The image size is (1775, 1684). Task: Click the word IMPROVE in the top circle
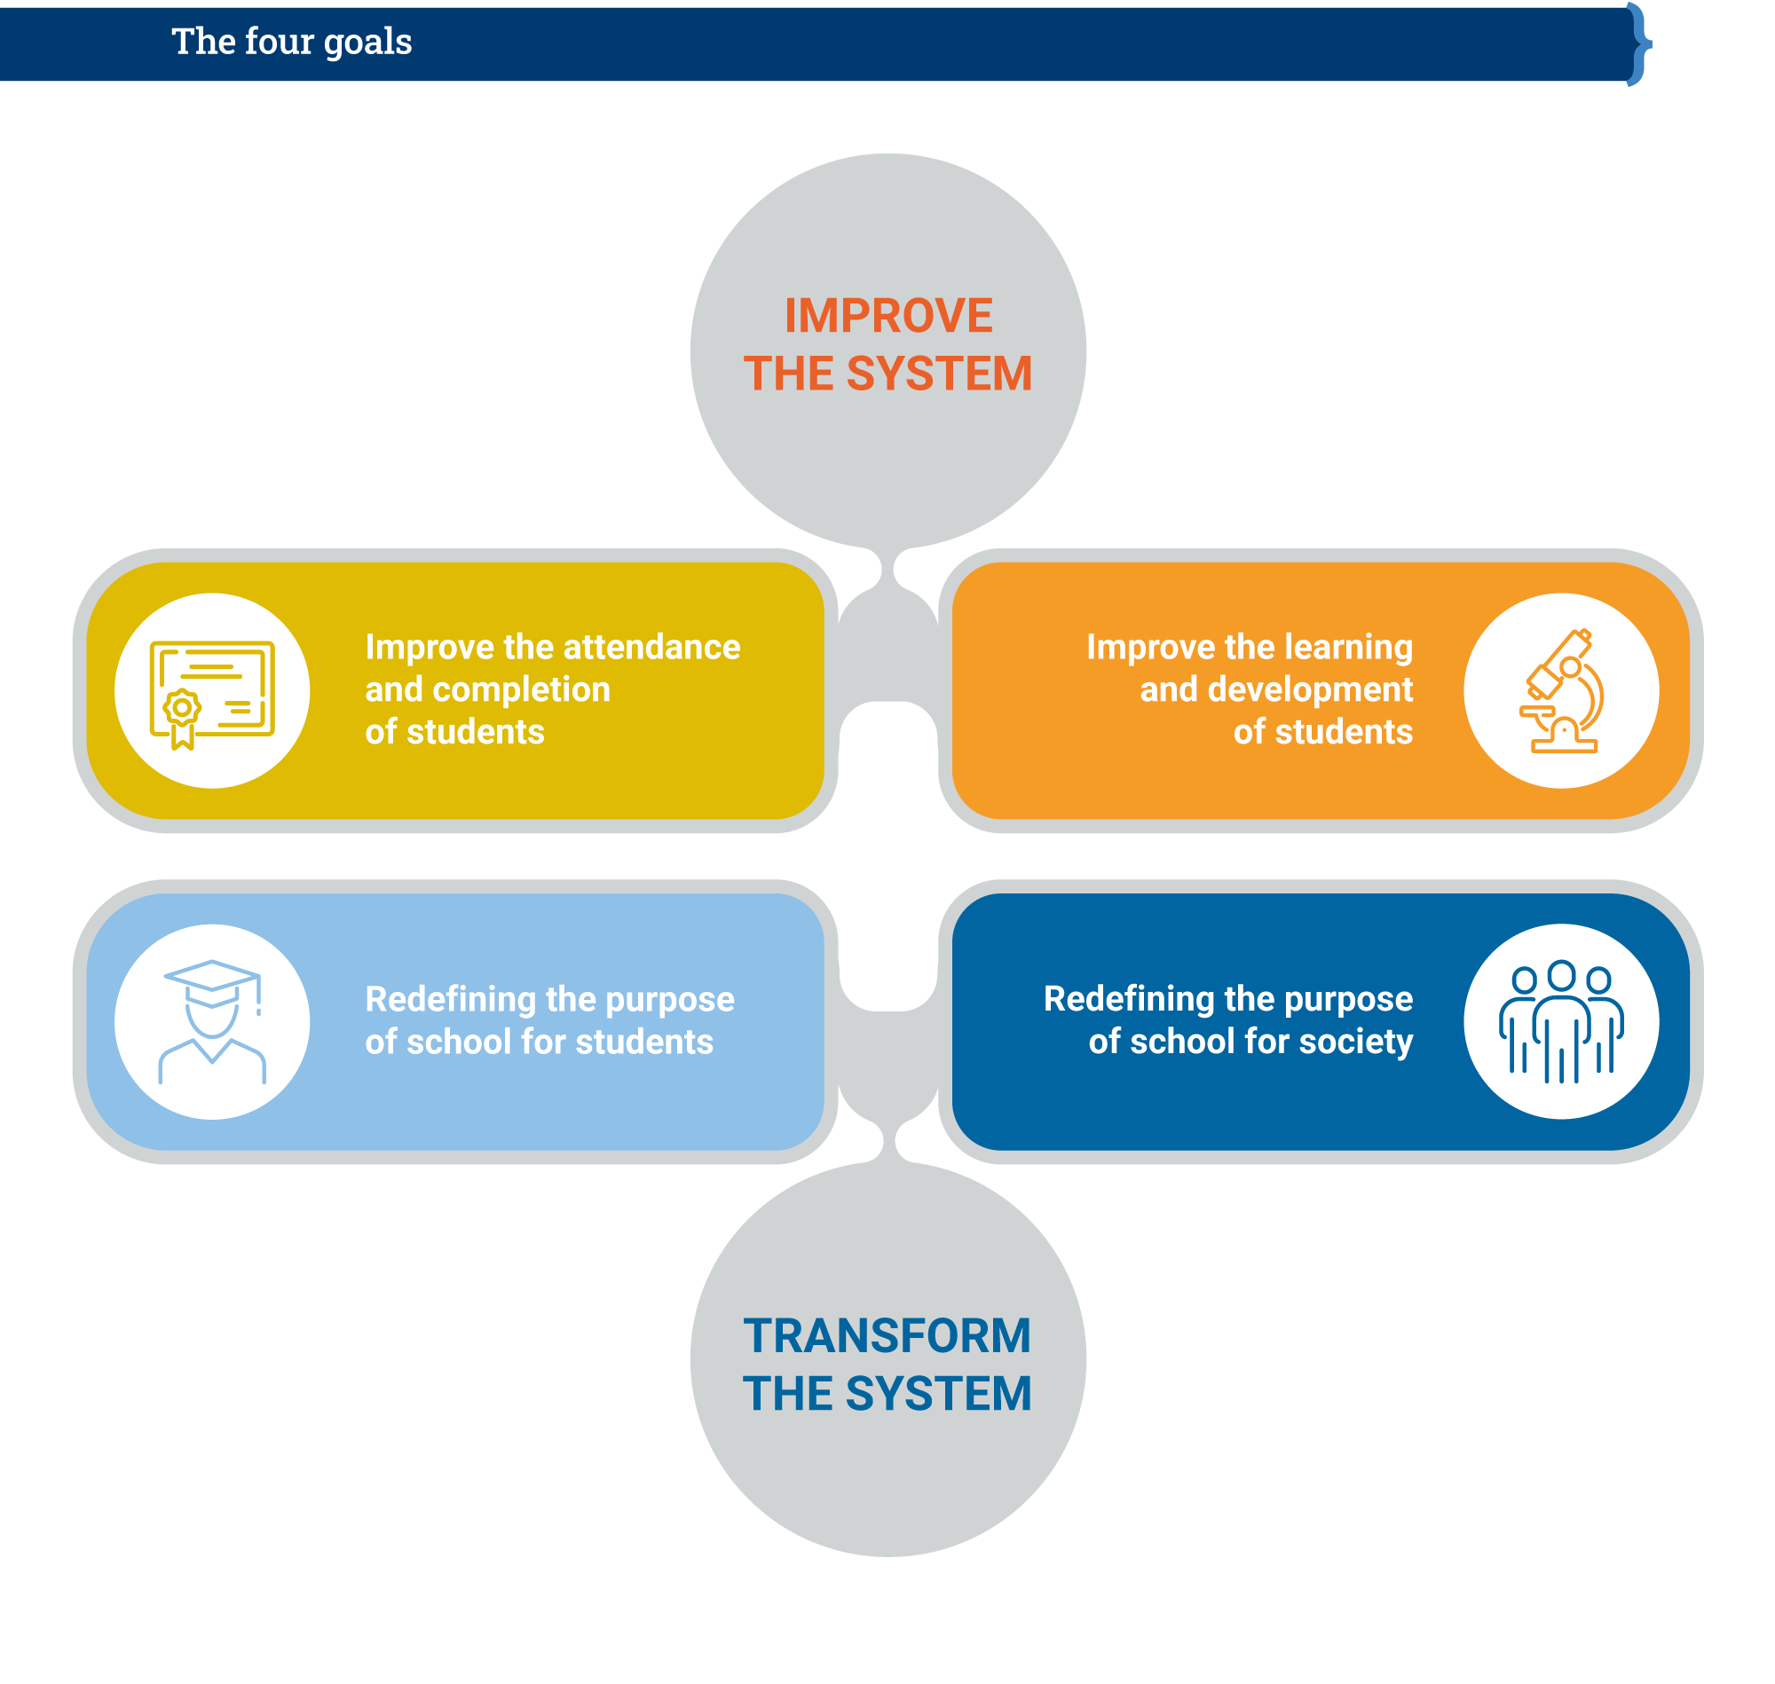[x=888, y=316]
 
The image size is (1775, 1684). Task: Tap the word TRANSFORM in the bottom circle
[x=887, y=1335]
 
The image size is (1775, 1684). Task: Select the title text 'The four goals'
[x=292, y=42]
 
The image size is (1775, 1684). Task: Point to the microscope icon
[x=1562, y=691]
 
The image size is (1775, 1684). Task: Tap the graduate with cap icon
[x=212, y=1022]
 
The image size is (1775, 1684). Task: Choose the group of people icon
[x=1561, y=1022]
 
